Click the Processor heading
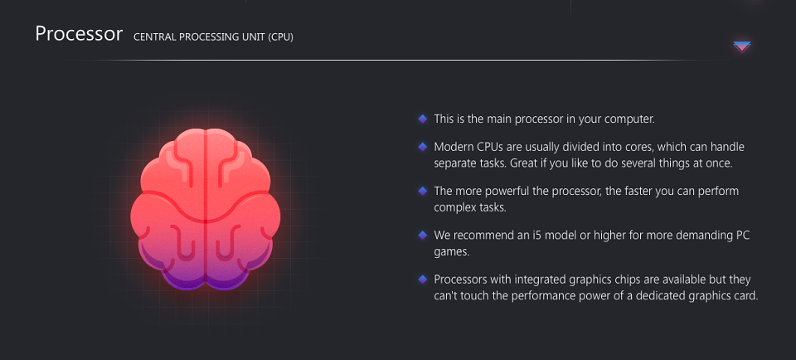[79, 34]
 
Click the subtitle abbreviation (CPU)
[281, 37]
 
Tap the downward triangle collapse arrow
[741, 46]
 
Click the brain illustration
[205, 209]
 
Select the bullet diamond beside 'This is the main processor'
[422, 119]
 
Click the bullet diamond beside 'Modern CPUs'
[422, 147]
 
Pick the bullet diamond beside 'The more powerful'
[422, 191]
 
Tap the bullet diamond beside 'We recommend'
[422, 235]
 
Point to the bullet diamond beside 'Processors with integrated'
[422, 280]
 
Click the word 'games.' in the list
[451, 252]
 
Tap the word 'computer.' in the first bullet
[631, 119]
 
